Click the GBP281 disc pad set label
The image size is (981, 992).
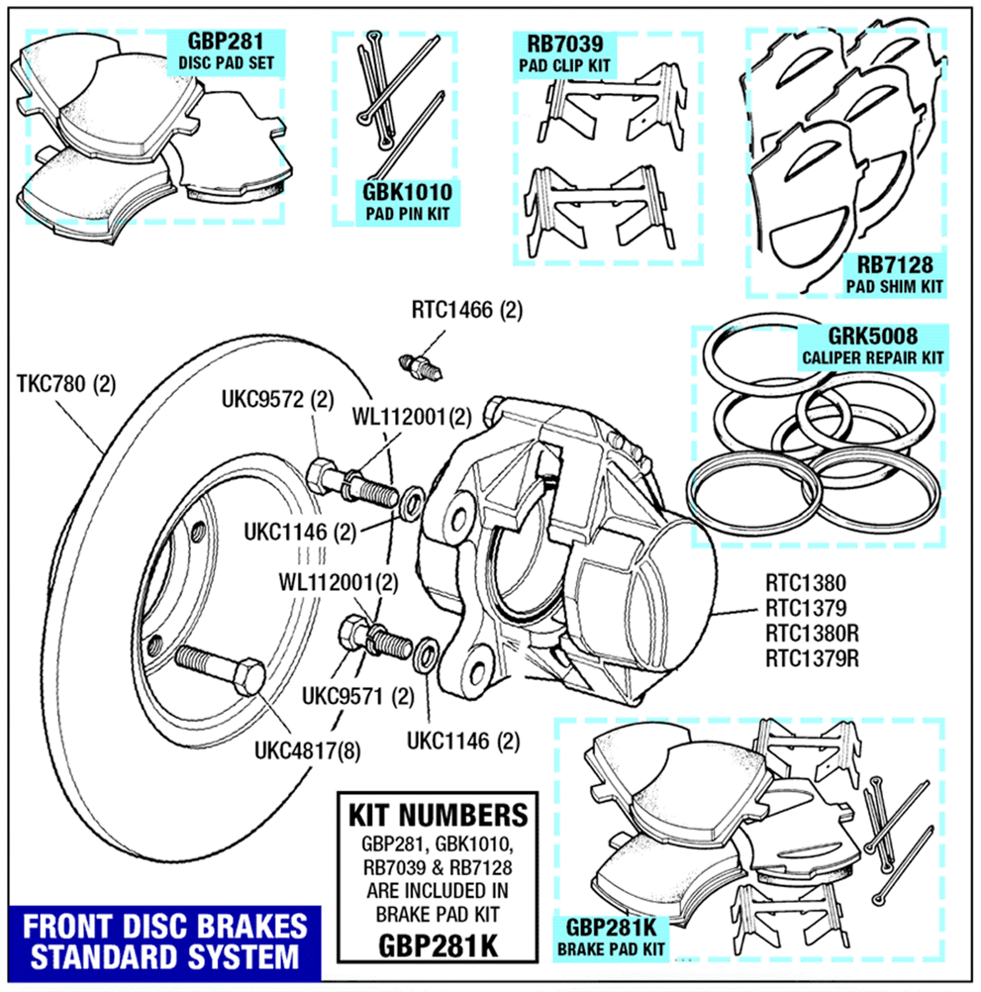tap(225, 52)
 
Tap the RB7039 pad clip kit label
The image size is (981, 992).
tap(565, 55)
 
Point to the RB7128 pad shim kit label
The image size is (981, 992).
tap(894, 275)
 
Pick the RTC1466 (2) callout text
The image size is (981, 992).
tap(467, 310)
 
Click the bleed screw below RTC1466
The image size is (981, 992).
tap(420, 367)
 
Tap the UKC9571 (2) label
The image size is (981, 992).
tap(358, 697)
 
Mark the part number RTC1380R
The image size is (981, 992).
tap(812, 633)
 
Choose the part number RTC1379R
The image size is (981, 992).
tap(812, 658)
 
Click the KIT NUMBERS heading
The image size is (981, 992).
tap(438, 815)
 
